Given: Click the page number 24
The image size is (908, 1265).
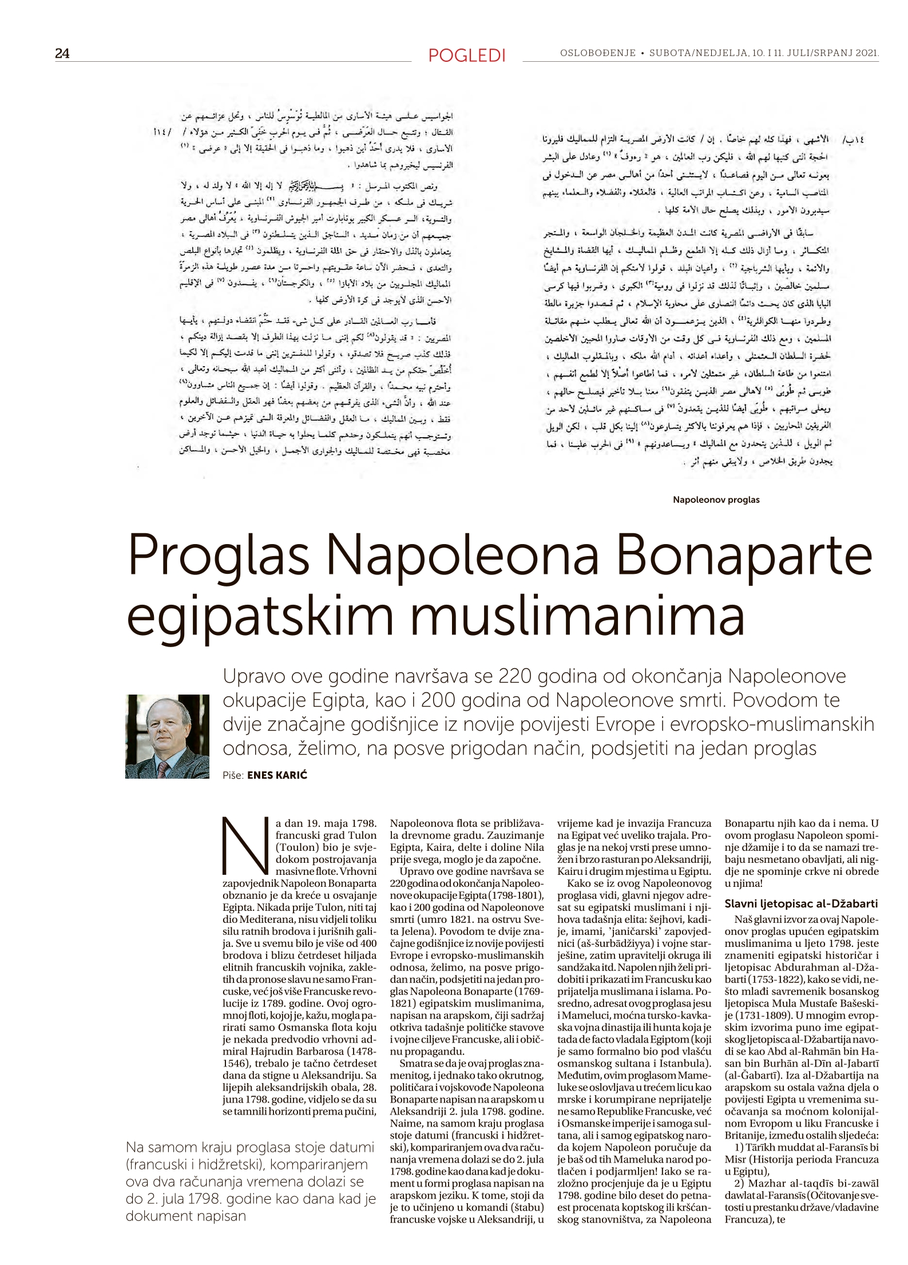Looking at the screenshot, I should (x=62, y=53).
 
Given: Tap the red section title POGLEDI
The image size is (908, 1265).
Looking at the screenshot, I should (x=467, y=55).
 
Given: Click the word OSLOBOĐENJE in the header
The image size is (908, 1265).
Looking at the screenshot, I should (x=598, y=53).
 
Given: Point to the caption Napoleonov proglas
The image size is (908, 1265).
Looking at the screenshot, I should (x=716, y=499).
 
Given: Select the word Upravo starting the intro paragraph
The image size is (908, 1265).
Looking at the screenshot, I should (x=254, y=676).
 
